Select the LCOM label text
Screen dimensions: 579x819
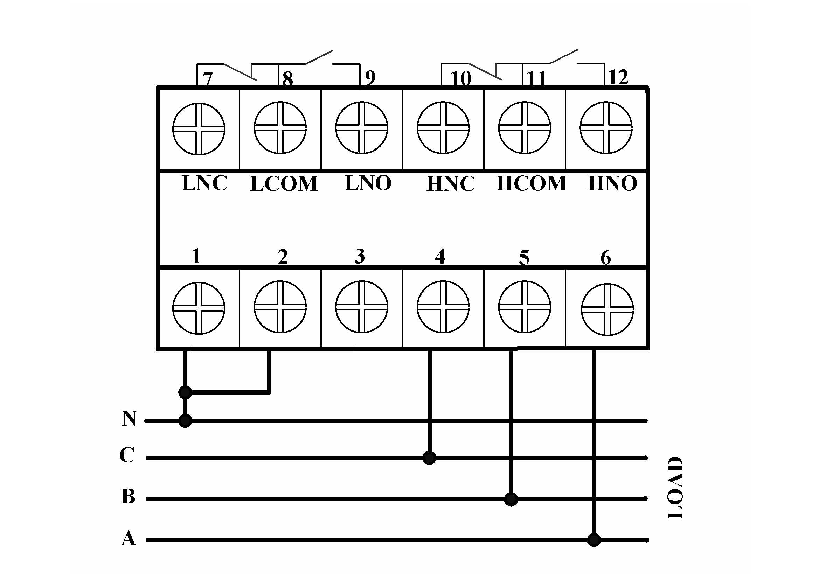[x=284, y=184]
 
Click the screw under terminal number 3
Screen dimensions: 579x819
[x=362, y=307]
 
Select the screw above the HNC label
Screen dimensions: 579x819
[x=443, y=128]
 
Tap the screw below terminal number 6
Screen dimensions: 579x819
[x=608, y=309]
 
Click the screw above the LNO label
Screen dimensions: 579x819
[x=362, y=128]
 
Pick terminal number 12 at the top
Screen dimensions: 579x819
[x=618, y=77]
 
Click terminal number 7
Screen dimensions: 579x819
[x=208, y=78]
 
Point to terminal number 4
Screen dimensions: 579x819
[x=440, y=256]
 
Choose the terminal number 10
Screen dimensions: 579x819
[x=461, y=78]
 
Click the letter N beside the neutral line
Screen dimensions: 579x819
[x=129, y=419]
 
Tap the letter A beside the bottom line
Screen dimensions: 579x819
[x=129, y=538]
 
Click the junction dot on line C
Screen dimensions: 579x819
[x=429, y=458]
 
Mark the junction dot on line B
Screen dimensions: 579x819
[x=511, y=499]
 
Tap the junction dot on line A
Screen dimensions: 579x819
[x=594, y=540]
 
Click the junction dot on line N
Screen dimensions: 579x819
[x=185, y=421]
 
